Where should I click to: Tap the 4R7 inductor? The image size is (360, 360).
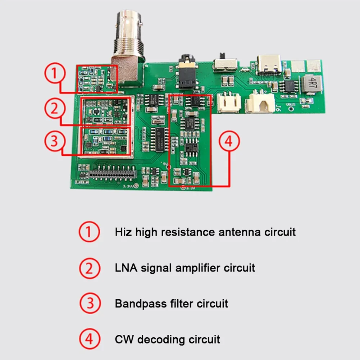[311, 84]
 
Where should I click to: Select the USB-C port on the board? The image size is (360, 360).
[269, 65]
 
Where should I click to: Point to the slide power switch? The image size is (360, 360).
[225, 63]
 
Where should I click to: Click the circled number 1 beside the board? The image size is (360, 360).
[55, 73]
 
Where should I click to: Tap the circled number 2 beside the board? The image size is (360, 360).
[55, 108]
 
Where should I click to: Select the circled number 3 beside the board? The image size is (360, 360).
[55, 141]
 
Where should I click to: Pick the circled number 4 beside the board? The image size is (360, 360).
[229, 141]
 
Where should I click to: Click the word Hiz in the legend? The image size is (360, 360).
[123, 232]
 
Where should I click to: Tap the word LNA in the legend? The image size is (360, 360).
[126, 268]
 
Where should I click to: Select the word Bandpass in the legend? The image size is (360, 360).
[141, 304]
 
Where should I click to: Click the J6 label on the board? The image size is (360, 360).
[278, 108]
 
